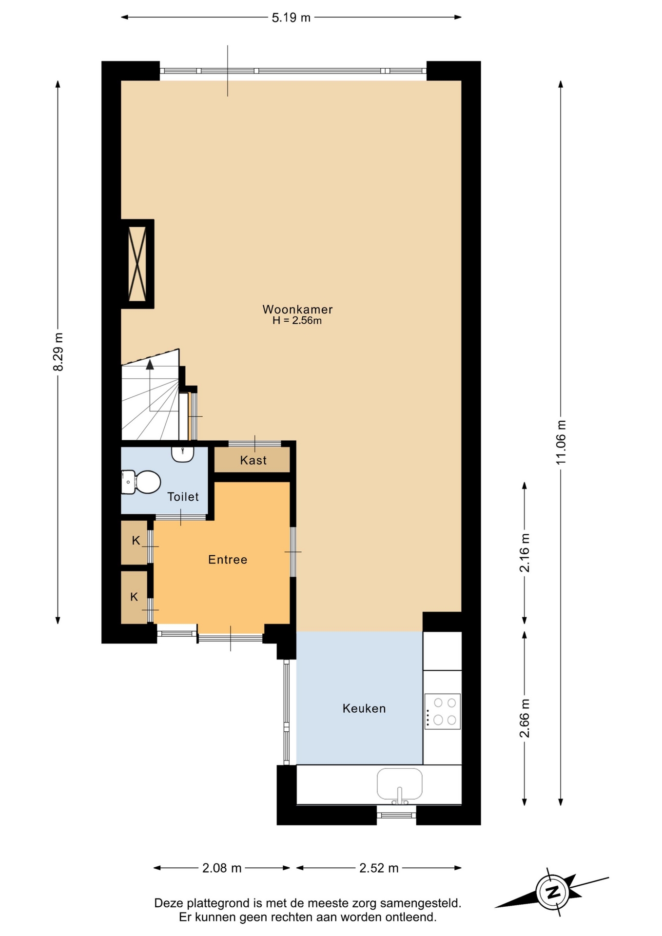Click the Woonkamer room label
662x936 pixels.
point(297,309)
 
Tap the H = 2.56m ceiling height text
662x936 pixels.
point(297,321)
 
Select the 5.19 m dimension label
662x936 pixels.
point(291,18)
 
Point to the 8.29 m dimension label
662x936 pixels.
point(58,351)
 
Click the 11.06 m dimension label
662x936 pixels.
point(561,442)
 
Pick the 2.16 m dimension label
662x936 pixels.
point(525,553)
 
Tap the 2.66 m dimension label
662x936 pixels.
point(525,718)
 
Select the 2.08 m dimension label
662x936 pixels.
point(222,868)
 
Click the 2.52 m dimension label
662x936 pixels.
point(379,868)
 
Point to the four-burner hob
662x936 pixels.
point(443,711)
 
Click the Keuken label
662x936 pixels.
point(364,708)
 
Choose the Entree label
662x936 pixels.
point(228,560)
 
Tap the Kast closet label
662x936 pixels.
point(253,460)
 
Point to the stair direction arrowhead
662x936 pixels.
point(150,364)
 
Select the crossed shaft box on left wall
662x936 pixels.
point(137,264)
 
